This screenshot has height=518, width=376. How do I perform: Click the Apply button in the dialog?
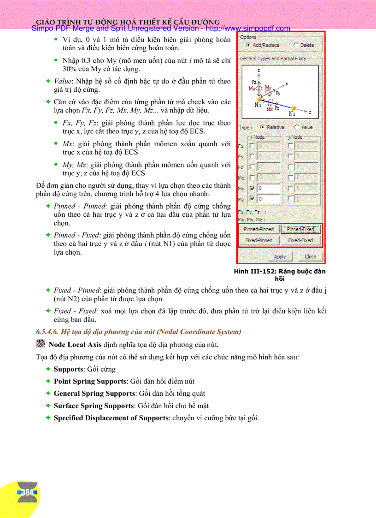(x=280, y=256)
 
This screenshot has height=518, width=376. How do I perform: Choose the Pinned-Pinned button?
(x=258, y=229)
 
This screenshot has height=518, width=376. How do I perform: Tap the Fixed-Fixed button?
(x=300, y=240)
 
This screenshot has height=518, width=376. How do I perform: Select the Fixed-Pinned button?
(x=258, y=240)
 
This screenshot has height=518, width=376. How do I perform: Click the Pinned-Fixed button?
(x=300, y=229)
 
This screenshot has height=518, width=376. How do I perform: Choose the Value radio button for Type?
(x=296, y=127)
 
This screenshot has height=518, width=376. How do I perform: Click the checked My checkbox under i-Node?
(x=252, y=189)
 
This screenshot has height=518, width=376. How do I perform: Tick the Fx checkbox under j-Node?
(x=290, y=146)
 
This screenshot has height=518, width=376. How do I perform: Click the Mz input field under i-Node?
(x=268, y=199)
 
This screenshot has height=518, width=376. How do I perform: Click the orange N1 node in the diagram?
(x=259, y=99)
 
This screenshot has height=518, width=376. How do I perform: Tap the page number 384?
(x=27, y=493)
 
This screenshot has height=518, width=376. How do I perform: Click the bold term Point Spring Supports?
(x=90, y=381)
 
